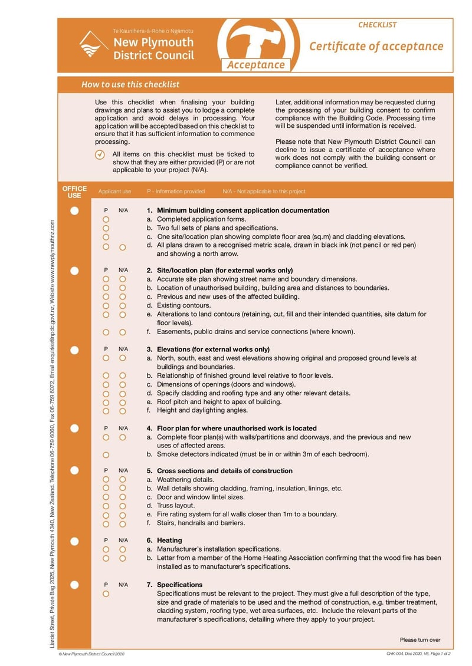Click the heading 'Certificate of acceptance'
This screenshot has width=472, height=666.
click(x=376, y=47)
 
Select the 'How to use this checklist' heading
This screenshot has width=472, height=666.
click(x=130, y=85)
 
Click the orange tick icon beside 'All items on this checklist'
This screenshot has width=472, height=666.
click(x=100, y=154)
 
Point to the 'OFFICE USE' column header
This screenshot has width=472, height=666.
click(x=74, y=192)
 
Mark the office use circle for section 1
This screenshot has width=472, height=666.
click(x=74, y=210)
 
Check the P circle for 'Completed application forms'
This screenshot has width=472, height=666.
click(x=106, y=219)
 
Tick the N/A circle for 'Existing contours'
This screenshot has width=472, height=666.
click(x=123, y=306)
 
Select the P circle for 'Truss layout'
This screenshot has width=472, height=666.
click(x=106, y=506)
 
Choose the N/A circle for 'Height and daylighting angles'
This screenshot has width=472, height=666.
click(x=123, y=411)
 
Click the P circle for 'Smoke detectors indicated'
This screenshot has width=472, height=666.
click(x=106, y=454)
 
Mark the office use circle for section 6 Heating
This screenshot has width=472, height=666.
click(x=74, y=540)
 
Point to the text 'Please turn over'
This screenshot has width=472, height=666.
click(x=419, y=640)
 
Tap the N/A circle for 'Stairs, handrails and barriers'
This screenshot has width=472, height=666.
click(x=123, y=523)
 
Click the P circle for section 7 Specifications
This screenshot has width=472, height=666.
click(x=106, y=594)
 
